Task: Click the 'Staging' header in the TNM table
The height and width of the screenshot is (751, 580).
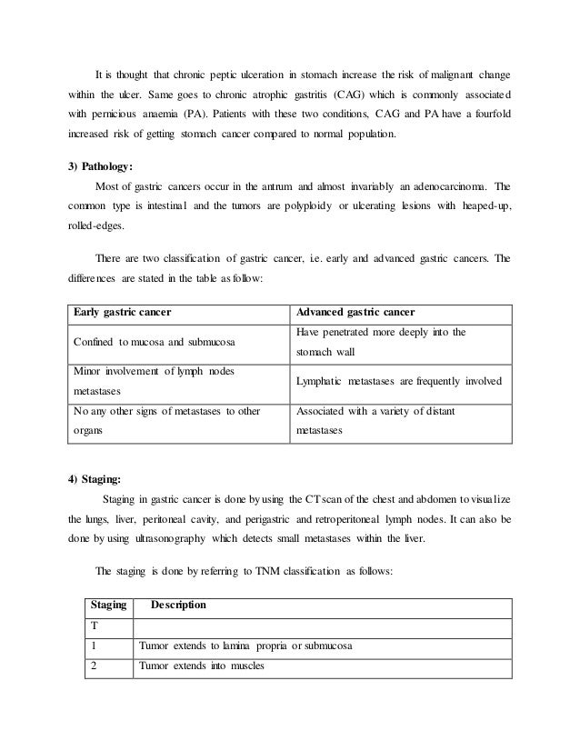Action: pos(107,605)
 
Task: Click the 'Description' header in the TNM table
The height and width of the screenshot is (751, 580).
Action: pos(178,605)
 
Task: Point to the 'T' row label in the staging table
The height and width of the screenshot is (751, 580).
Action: pos(94,626)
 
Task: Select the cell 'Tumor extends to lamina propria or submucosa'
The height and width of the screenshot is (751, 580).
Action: pos(245,646)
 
